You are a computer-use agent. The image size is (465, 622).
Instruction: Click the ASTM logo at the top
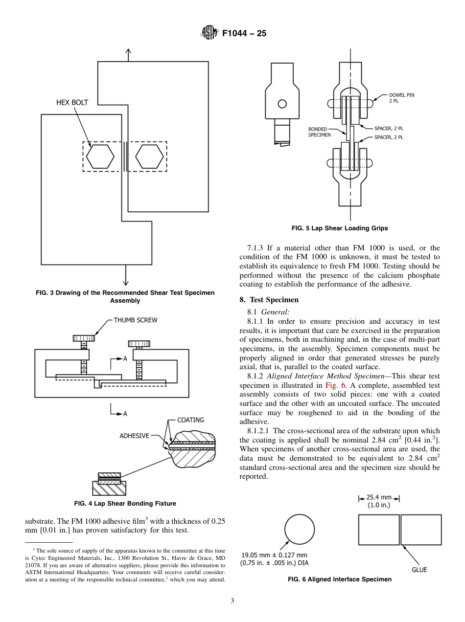tap(209, 34)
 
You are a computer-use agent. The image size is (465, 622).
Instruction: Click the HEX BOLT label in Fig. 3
tap(72, 102)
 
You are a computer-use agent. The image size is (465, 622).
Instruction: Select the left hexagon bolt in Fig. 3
tap(100, 156)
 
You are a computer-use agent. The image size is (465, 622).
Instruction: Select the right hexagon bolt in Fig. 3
tap(149, 156)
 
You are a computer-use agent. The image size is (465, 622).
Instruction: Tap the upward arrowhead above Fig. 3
tap(128, 51)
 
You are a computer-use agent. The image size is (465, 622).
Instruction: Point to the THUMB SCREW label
tap(136, 320)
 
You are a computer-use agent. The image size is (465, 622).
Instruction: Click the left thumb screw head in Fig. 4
tap(84, 338)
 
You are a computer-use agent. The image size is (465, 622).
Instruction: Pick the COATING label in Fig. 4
tap(190, 420)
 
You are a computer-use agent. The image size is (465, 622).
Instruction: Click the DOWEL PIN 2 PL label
tap(401, 98)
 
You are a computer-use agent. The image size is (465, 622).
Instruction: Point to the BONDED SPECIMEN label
tap(319, 132)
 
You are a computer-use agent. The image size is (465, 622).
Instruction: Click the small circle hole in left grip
tap(282, 104)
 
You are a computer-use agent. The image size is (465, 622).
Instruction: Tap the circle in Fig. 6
tap(300, 531)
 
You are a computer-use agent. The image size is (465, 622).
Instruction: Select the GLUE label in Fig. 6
tap(419, 569)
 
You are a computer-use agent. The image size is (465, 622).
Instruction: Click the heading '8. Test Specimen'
tap(269, 300)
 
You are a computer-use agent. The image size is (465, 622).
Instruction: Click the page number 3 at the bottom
tap(232, 601)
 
